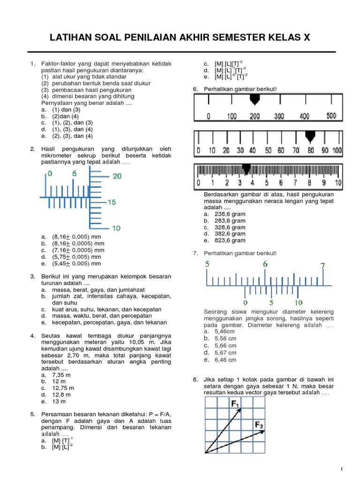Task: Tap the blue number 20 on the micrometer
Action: coord(116,176)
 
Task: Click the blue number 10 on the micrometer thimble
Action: coord(116,228)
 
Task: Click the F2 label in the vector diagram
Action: coord(259,425)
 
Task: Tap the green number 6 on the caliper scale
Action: coord(265,264)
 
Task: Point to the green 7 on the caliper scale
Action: coord(322,266)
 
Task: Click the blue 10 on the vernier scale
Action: coord(299,302)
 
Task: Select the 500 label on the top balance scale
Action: coord(331,116)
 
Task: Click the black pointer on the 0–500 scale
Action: coord(255,99)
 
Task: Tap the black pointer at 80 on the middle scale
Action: coord(310,136)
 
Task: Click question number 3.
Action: coord(33,277)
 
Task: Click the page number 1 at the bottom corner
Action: coord(343,469)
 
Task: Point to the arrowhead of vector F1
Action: coord(241,409)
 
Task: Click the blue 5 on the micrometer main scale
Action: coord(74,173)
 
